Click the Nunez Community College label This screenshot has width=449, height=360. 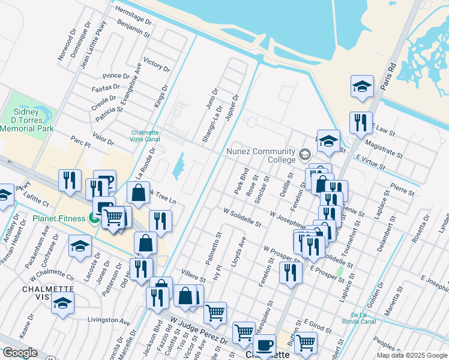[x=261, y=155]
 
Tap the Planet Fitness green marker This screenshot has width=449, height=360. [x=94, y=218]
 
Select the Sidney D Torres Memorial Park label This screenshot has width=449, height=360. [x=27, y=120]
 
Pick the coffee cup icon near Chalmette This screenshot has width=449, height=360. [x=264, y=344]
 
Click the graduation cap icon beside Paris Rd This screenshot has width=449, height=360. [x=362, y=86]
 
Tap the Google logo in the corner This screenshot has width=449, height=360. [x=20, y=353]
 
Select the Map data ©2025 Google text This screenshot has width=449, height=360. [x=412, y=355]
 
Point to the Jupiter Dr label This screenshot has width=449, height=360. [x=232, y=108]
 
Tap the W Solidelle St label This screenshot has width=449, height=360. [x=242, y=218]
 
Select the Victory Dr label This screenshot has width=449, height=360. [x=157, y=65]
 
